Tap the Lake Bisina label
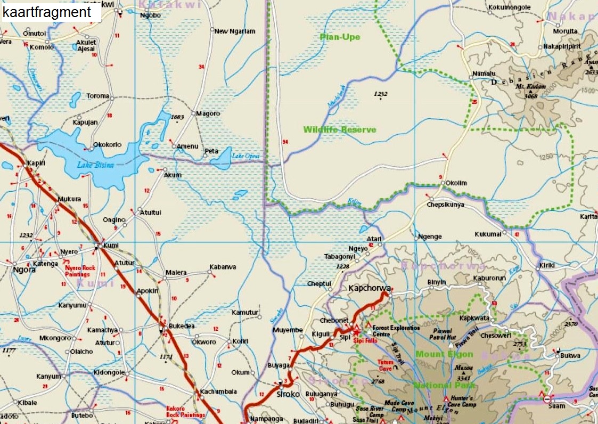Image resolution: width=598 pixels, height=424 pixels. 96,165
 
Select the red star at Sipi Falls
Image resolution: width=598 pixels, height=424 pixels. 356,332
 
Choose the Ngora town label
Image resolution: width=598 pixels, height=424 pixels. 24,270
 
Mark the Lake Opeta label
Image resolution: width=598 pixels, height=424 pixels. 246,156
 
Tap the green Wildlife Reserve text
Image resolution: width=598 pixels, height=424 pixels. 340,129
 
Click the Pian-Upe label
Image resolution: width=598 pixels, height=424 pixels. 340,37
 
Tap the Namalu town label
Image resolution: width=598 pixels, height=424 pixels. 484,74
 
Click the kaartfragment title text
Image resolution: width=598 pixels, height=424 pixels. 47,12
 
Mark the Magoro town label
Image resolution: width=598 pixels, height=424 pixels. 208,113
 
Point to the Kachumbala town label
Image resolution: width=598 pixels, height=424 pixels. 218,392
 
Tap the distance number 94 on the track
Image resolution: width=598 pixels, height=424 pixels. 285,142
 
